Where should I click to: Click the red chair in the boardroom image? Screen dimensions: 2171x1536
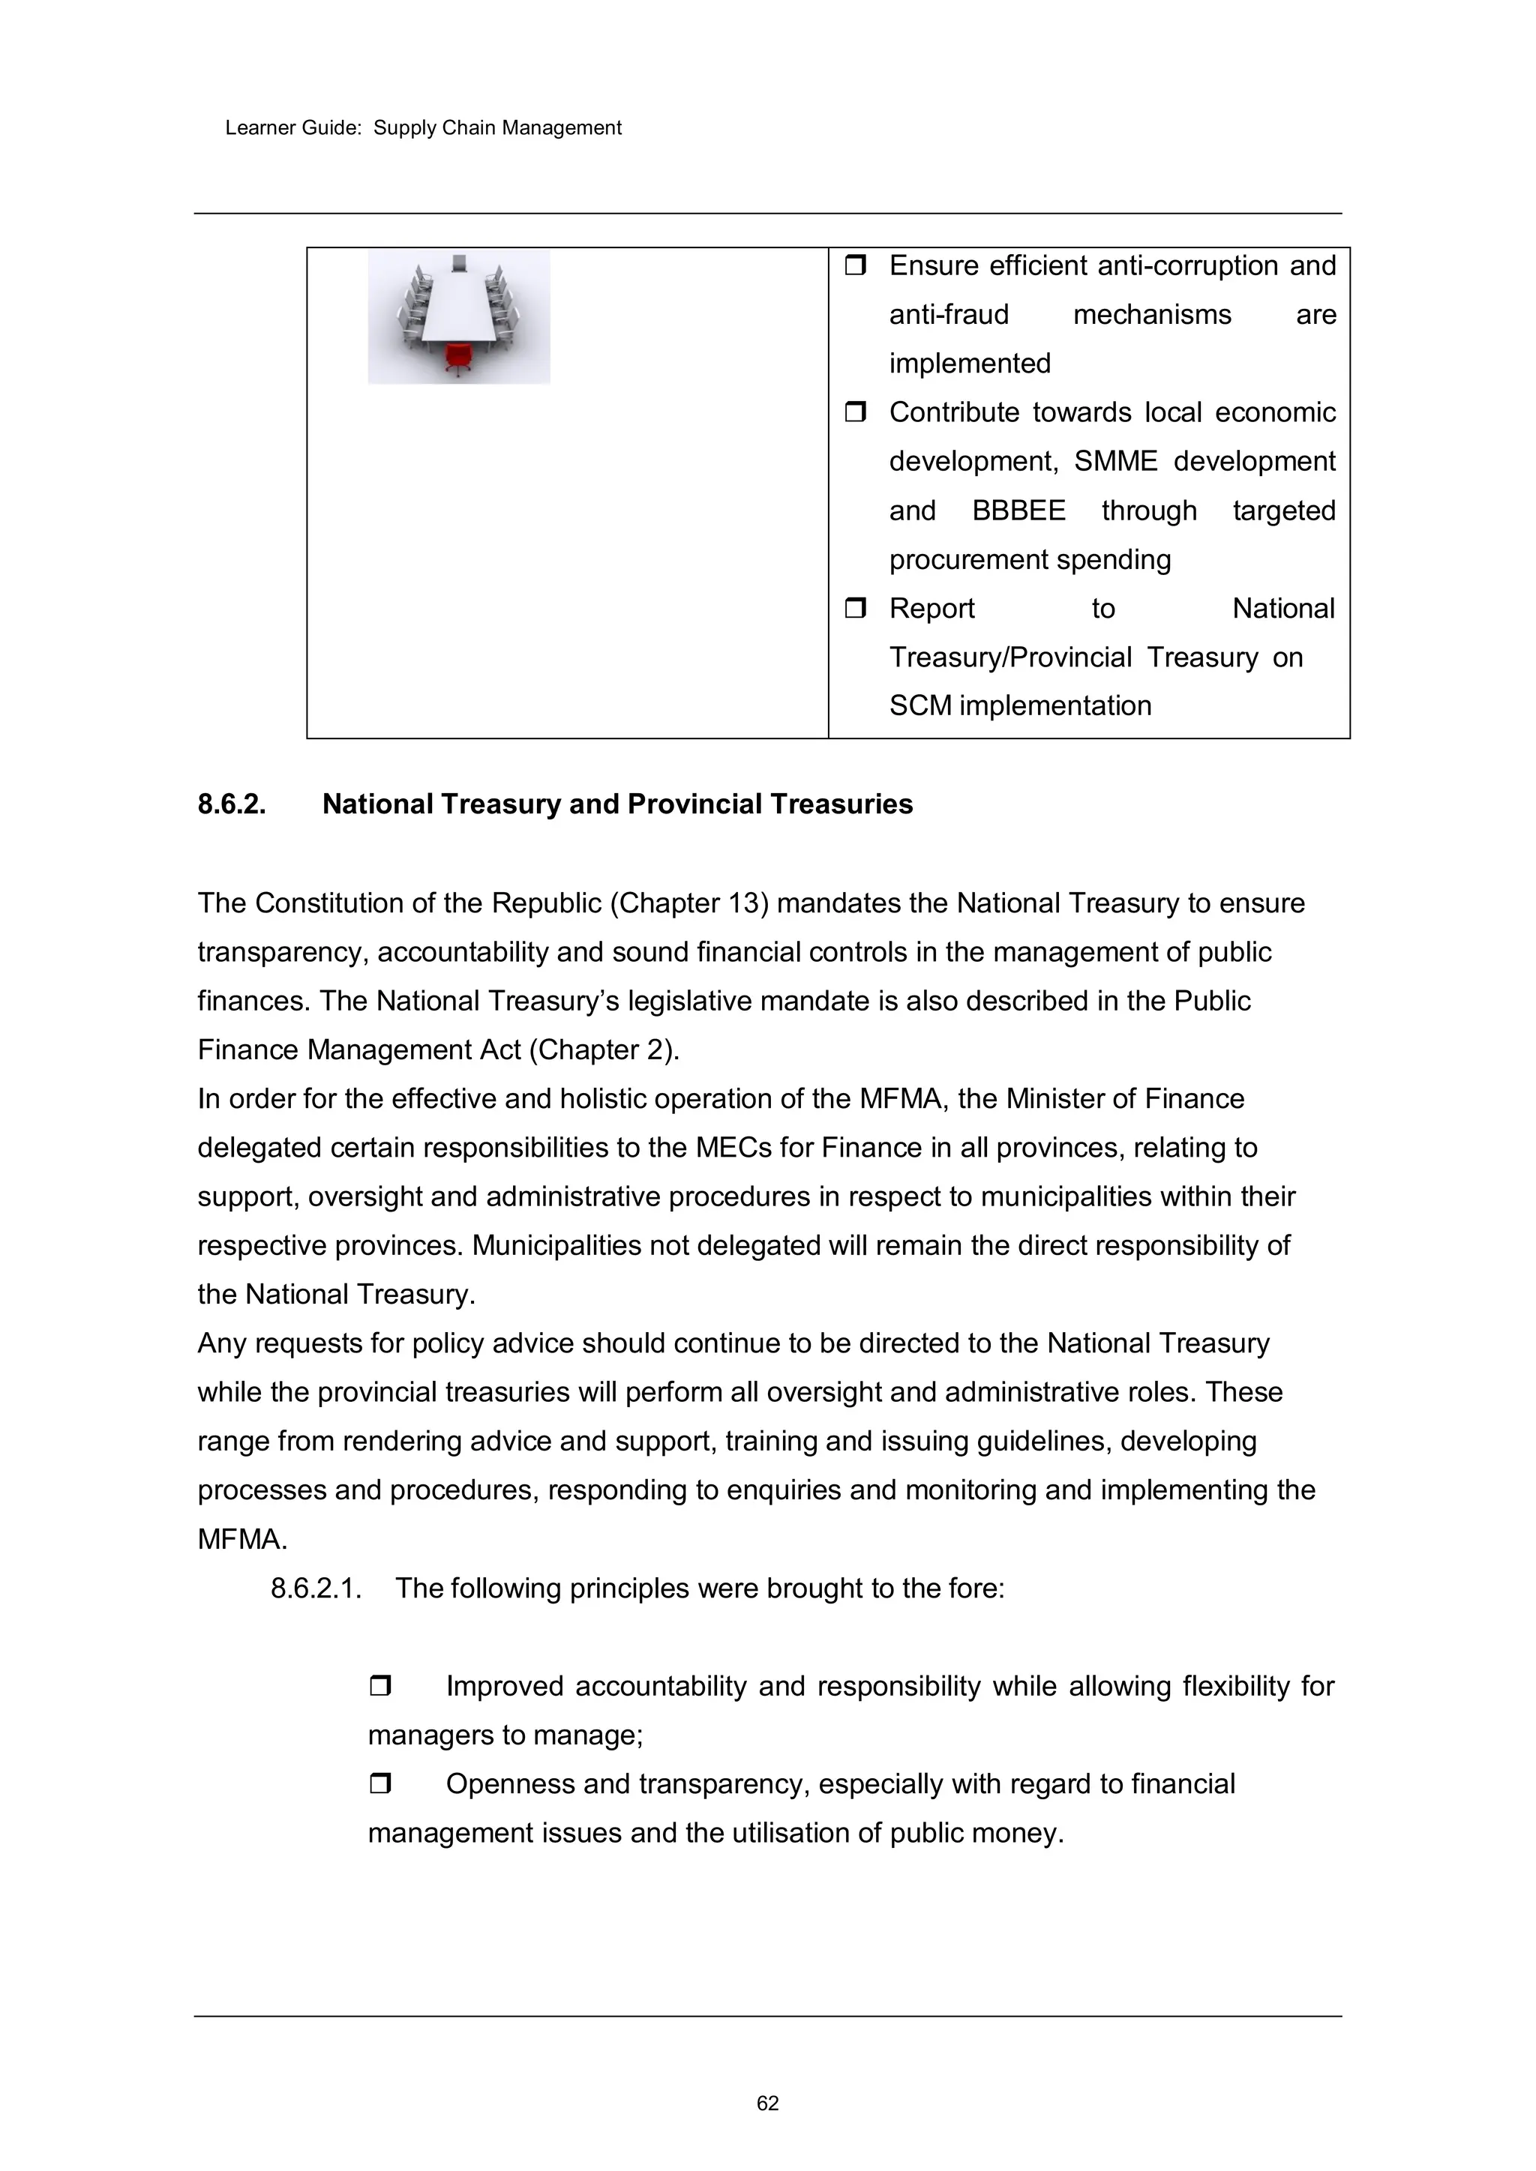[x=459, y=358]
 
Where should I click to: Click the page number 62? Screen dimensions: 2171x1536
[x=767, y=2130]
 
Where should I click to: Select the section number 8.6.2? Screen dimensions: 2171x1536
[x=232, y=804]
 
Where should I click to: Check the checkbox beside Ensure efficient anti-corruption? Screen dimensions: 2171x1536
[x=856, y=265]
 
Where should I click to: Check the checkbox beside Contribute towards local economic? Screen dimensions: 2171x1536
[x=856, y=412]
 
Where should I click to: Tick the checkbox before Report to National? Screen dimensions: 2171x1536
[x=856, y=608]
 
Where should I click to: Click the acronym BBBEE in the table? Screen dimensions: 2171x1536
[x=1018, y=511]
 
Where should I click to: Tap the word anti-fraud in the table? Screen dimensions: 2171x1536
[x=949, y=315]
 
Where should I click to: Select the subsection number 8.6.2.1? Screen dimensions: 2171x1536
[x=316, y=1589]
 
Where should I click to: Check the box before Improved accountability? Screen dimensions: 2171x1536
[x=380, y=1686]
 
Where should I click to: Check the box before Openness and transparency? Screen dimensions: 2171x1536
[x=380, y=1784]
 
